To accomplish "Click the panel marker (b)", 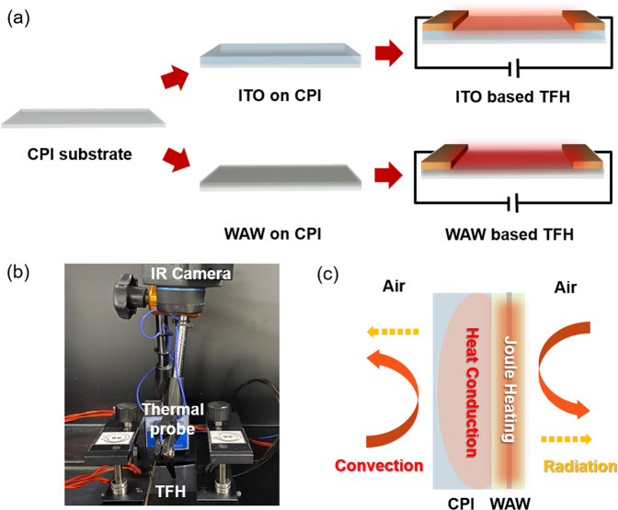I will [18, 274].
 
